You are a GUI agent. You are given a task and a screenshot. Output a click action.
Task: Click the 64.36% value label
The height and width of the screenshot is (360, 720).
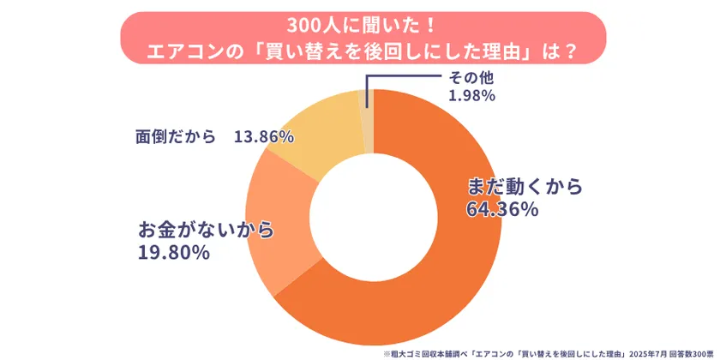[x=501, y=208]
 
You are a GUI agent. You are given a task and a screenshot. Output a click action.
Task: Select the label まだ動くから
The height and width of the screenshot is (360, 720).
[x=524, y=186]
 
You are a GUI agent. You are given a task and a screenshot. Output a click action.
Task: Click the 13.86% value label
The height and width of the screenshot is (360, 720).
[x=264, y=136]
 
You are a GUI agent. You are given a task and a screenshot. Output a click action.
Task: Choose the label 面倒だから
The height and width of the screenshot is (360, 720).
[x=175, y=136]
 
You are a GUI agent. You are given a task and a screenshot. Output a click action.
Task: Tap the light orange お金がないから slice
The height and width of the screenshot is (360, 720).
[x=274, y=223]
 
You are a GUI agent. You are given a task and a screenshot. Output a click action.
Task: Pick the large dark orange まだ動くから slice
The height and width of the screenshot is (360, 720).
[x=446, y=266]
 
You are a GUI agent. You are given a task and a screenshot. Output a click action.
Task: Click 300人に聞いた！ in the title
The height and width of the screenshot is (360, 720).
[x=360, y=24]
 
